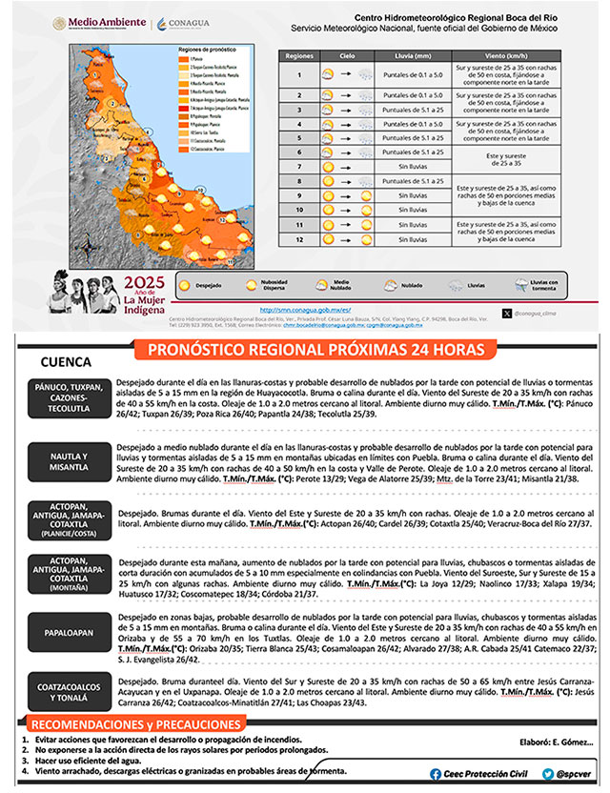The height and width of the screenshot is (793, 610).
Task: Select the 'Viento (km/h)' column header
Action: [505, 56]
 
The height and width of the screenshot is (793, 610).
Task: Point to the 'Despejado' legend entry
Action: [213, 284]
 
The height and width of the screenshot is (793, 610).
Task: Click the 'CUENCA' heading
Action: [67, 363]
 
